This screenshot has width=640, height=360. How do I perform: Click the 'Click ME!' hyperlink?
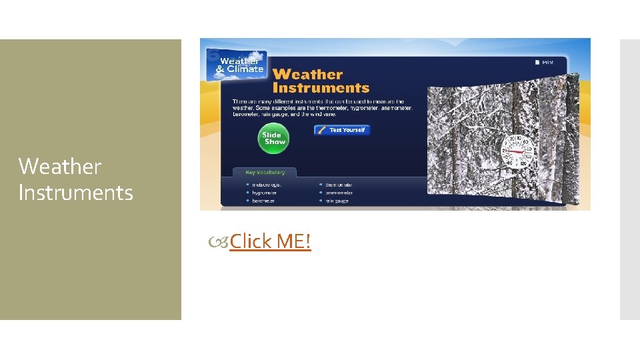click(270, 241)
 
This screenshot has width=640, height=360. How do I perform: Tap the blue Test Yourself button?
click(342, 130)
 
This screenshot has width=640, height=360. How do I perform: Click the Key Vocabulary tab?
click(265, 172)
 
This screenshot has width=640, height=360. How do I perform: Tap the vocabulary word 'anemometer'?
click(339, 193)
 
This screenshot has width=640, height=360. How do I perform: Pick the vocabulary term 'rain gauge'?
click(337, 201)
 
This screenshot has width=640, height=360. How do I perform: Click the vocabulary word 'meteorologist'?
click(267, 185)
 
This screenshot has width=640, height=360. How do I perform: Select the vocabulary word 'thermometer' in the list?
click(339, 185)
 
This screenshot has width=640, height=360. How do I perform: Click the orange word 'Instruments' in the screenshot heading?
click(321, 88)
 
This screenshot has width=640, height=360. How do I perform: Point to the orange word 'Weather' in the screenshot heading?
click(307, 74)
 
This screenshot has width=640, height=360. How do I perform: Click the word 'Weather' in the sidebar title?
click(60, 166)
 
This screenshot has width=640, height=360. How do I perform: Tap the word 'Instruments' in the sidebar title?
click(75, 193)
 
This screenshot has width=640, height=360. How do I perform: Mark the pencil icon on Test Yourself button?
click(321, 130)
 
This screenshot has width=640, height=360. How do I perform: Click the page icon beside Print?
click(537, 62)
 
